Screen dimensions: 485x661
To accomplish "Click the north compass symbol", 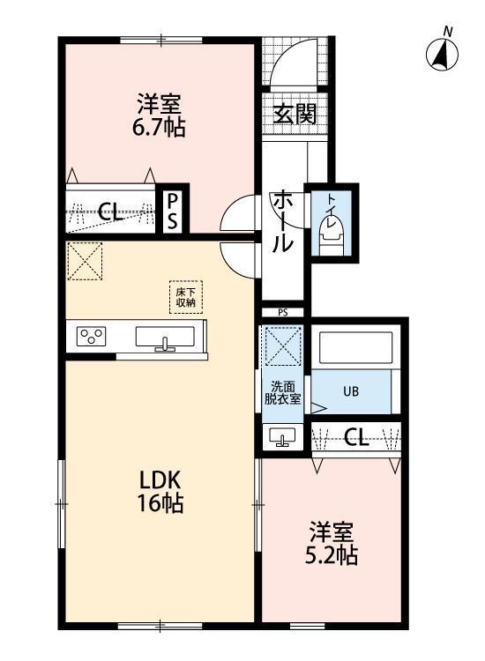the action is [442, 54].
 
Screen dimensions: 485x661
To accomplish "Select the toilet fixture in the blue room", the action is [332, 237].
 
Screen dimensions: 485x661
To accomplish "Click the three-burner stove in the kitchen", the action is [91, 337].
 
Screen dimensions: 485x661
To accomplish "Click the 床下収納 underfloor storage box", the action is [186, 297].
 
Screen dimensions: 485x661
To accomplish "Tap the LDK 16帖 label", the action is [160, 491].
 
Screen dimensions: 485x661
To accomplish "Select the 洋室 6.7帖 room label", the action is [159, 115].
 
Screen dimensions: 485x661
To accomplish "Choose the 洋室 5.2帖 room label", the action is [332, 544].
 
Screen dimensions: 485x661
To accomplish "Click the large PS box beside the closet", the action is [172, 211].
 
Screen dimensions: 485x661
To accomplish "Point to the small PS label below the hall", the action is [282, 313].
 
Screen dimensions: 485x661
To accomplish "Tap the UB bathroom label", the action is [351, 391].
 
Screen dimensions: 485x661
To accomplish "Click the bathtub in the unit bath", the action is [355, 348].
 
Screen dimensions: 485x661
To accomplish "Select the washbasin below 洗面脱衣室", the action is [282, 437].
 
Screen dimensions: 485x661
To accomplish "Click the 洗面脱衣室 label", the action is [282, 392].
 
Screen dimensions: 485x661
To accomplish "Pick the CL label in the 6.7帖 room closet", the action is [111, 212].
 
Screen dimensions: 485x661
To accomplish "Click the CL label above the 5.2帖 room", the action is [357, 437].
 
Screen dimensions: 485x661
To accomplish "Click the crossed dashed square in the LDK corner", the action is [85, 261].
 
